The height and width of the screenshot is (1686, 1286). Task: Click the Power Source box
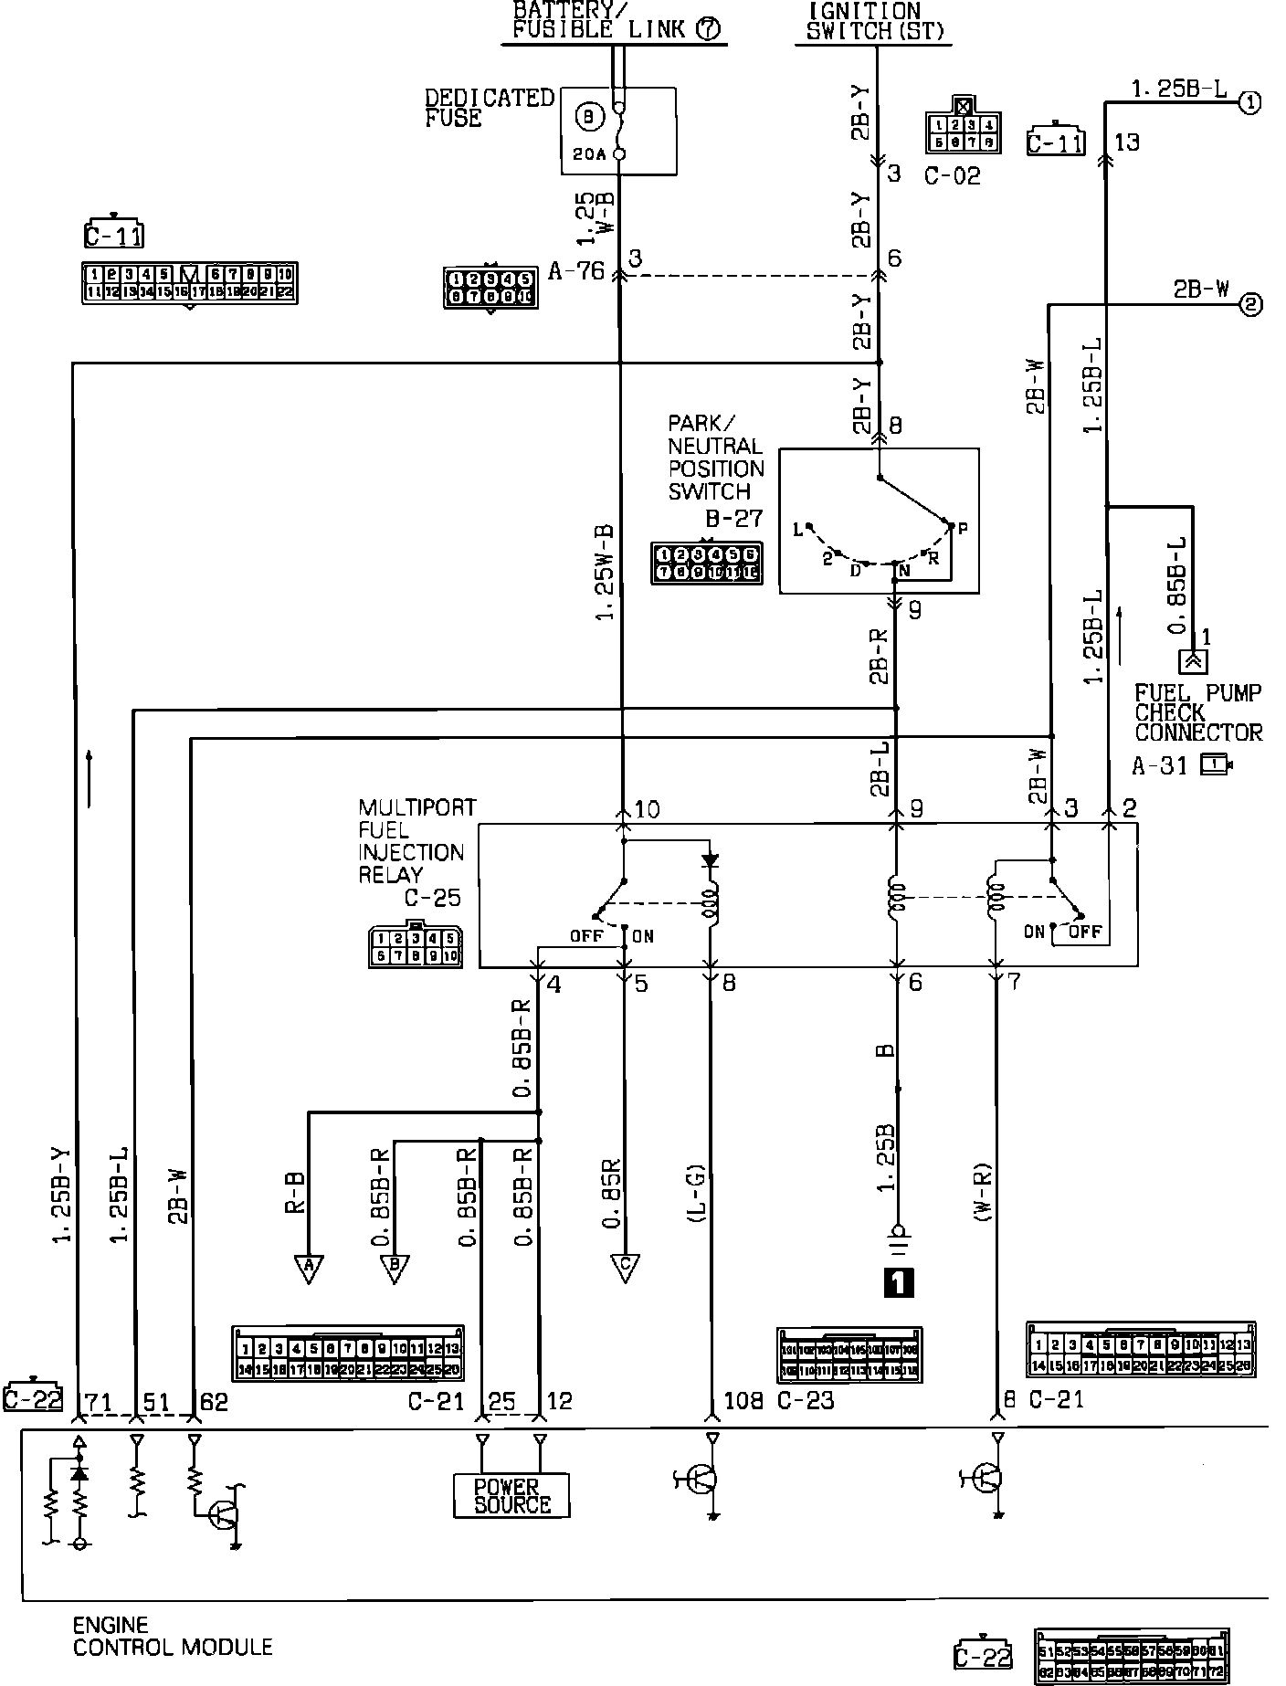pyautogui.click(x=511, y=1495)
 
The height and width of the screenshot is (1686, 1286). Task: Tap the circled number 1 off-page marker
pyautogui.click(x=1249, y=102)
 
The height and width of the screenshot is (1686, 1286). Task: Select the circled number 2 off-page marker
pyautogui.click(x=1249, y=305)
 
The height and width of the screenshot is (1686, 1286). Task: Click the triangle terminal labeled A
pyautogui.click(x=309, y=1268)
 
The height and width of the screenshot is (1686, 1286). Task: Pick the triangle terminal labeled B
pyautogui.click(x=395, y=1268)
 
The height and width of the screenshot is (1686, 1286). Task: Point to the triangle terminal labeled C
pyautogui.click(x=625, y=1268)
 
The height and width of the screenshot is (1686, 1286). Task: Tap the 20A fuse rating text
pyautogui.click(x=589, y=154)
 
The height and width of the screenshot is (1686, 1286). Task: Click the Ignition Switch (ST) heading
pyautogui.click(x=875, y=21)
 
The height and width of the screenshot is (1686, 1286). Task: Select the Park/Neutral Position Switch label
pyautogui.click(x=715, y=458)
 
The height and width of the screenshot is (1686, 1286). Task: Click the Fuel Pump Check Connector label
pyautogui.click(x=1197, y=712)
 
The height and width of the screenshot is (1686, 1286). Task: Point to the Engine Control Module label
pyautogui.click(x=172, y=1637)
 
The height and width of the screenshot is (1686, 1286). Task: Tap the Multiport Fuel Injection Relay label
pyautogui.click(x=416, y=840)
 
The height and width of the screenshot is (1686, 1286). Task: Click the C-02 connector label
pyautogui.click(x=952, y=175)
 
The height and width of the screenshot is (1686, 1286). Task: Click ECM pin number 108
pyautogui.click(x=743, y=1400)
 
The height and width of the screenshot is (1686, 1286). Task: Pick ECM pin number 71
pyautogui.click(x=97, y=1400)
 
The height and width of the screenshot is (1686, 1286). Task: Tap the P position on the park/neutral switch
pyautogui.click(x=962, y=527)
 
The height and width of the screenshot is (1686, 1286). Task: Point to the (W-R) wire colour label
pyautogui.click(x=983, y=1194)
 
